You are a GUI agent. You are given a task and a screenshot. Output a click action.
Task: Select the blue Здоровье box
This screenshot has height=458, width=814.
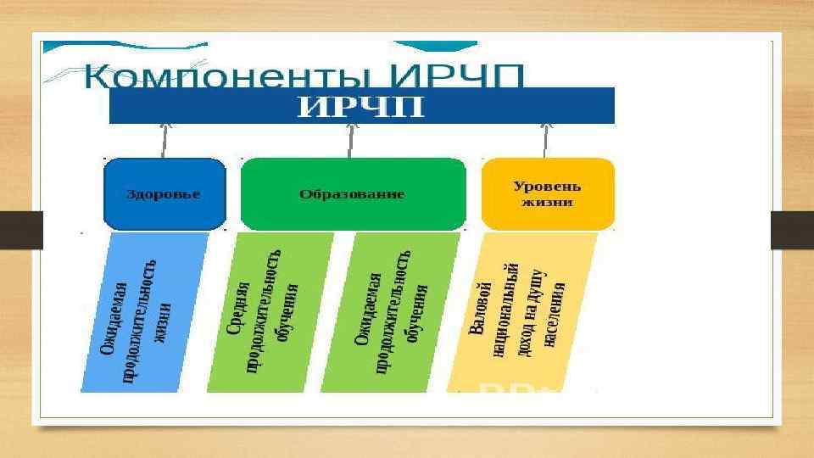tap(164, 194)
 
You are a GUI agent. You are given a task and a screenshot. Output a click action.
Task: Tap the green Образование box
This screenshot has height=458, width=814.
tap(353, 194)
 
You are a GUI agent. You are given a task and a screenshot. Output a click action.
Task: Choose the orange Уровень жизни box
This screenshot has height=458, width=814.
tap(547, 194)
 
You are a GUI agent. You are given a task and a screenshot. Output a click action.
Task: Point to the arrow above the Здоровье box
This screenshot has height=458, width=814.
tap(164, 137)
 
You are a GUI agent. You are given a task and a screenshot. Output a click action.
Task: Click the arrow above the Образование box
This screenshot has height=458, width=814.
tap(352, 137)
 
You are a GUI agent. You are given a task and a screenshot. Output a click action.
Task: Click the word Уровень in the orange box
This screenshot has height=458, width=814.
tap(547, 185)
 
